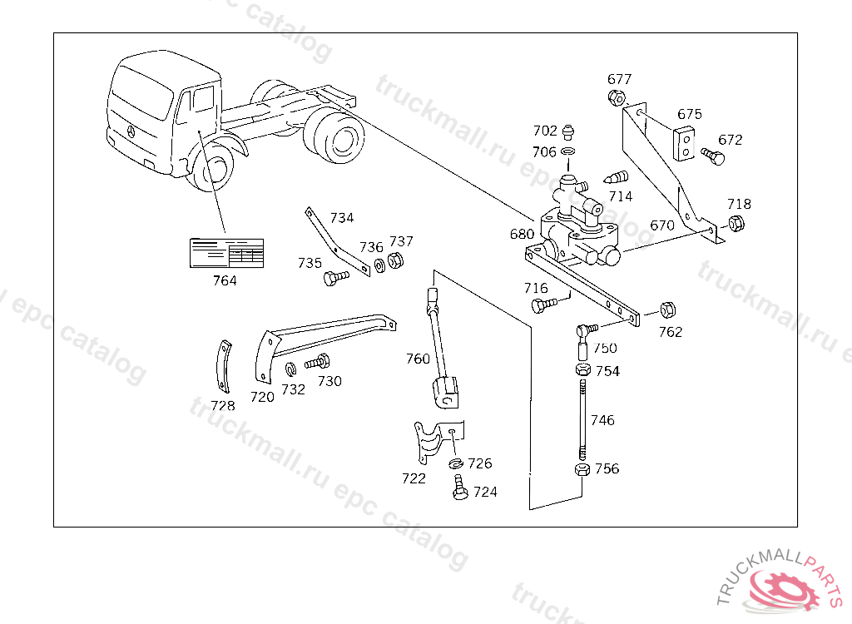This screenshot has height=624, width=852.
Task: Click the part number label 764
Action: click(225, 280)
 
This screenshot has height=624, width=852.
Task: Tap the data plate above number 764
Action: click(227, 253)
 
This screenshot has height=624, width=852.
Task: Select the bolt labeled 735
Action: click(334, 278)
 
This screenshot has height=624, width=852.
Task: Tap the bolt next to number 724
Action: click(458, 488)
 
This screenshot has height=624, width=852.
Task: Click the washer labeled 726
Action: click(457, 463)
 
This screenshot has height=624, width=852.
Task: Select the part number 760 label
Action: click(418, 359)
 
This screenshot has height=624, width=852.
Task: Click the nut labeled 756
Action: click(582, 470)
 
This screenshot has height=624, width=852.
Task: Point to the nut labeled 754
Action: click(582, 369)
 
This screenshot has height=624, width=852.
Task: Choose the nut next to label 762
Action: click(667, 310)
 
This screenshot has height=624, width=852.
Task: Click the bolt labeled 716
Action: click(542, 305)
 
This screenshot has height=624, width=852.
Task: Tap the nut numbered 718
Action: click(736, 223)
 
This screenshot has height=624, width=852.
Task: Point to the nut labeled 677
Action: click(617, 97)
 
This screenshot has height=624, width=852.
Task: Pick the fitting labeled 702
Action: click(568, 131)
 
